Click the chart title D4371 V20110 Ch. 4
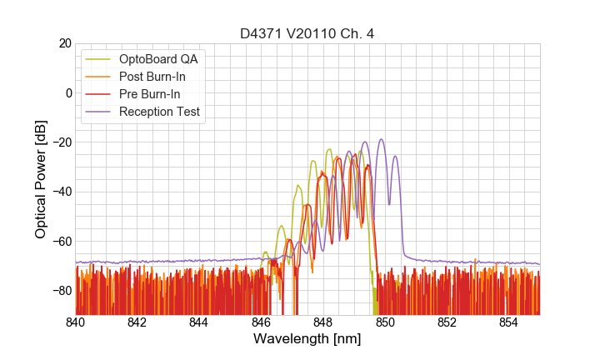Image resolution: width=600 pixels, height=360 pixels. click(x=307, y=33)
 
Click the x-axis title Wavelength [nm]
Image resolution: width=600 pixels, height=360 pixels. click(x=307, y=339)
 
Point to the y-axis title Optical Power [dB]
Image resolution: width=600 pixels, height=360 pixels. click(x=41, y=178)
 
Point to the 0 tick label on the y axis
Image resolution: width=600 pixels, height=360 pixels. click(x=68, y=92)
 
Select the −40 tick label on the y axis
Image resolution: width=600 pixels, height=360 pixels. click(x=61, y=192)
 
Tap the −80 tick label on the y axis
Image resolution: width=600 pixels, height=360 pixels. click(x=61, y=291)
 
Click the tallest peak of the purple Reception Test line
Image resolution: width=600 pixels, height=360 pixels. click(x=382, y=139)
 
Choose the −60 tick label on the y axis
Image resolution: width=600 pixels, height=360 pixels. click(x=61, y=242)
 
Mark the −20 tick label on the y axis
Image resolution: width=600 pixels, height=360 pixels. click(x=61, y=142)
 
